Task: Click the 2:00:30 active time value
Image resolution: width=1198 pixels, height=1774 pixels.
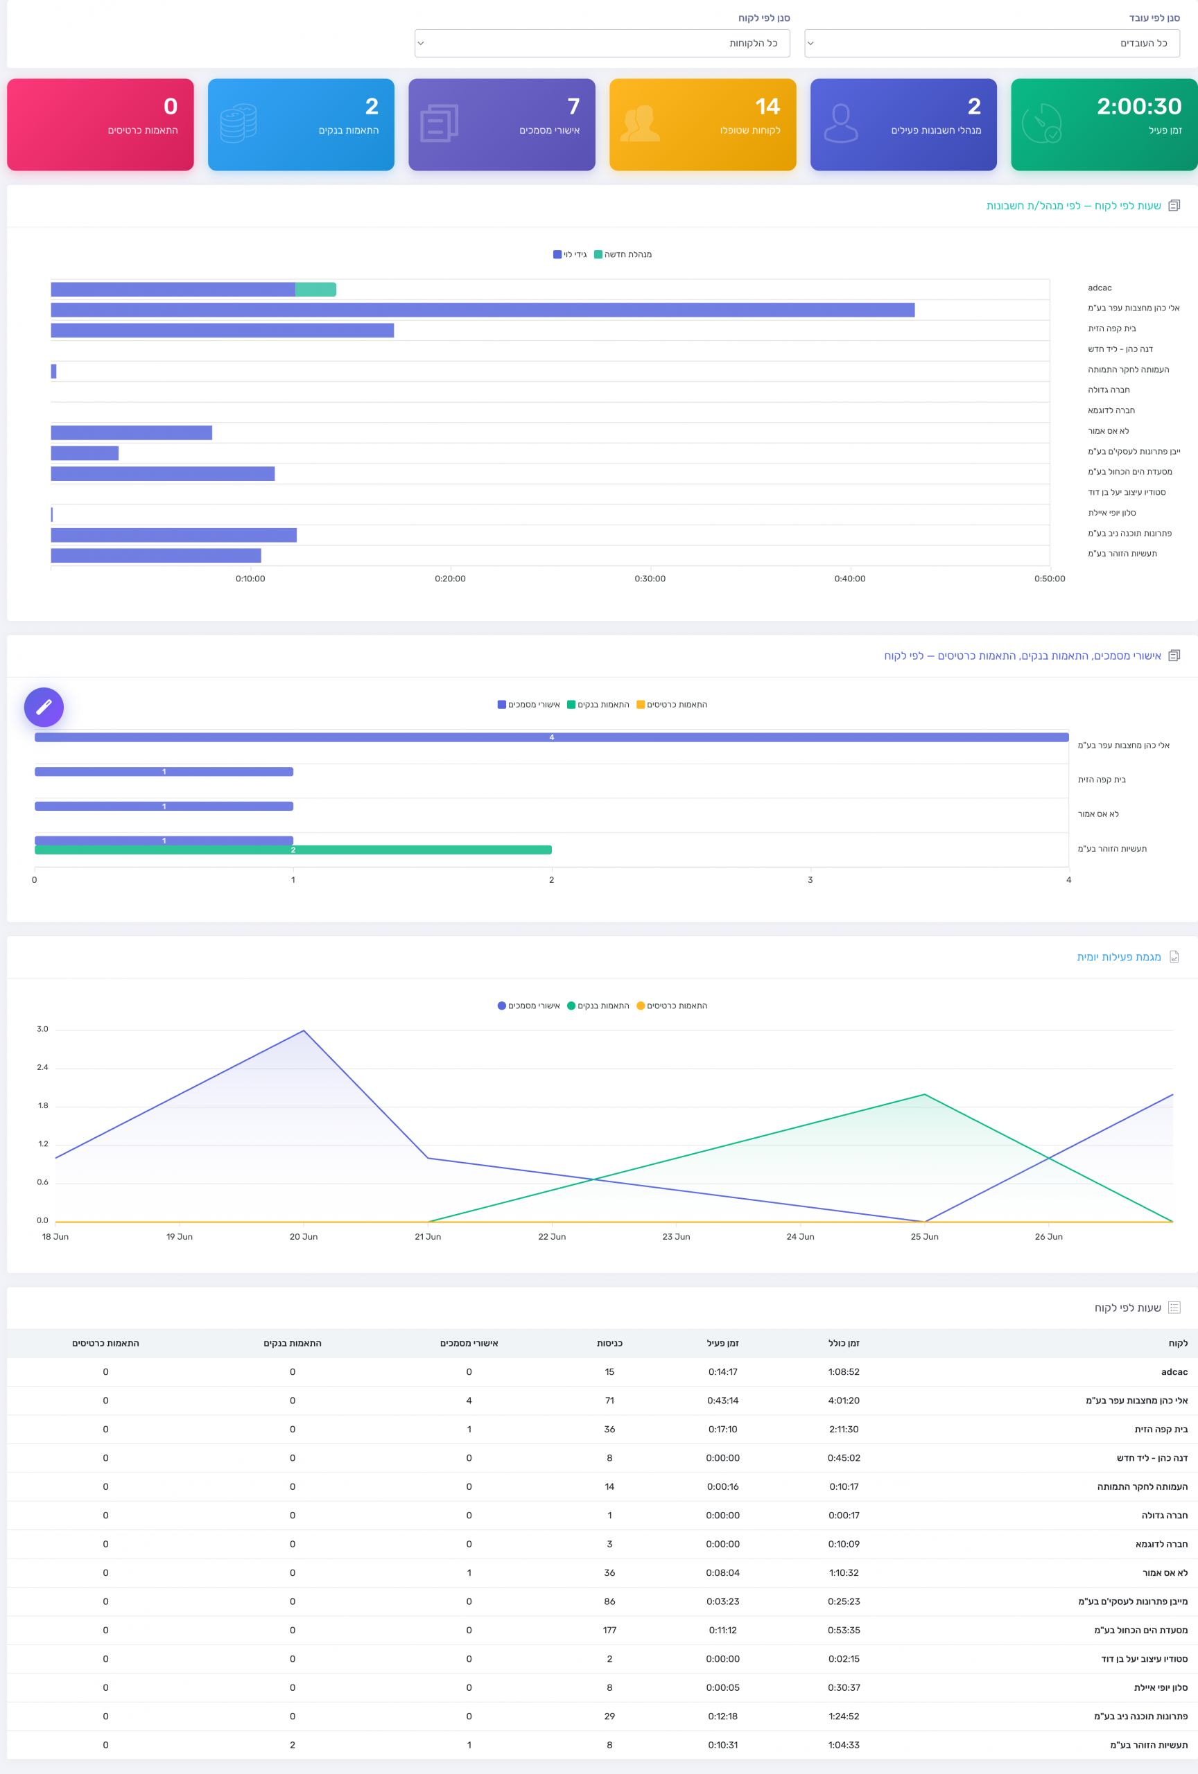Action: pyautogui.click(x=1138, y=106)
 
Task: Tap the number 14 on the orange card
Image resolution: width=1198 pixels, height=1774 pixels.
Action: pyautogui.click(x=767, y=106)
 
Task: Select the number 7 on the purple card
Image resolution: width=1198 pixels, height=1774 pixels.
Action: pyautogui.click(x=573, y=106)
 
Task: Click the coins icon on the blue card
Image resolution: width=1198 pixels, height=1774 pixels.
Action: pyautogui.click(x=238, y=123)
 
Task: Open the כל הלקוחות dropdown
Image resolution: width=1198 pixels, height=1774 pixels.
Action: pyautogui.click(x=602, y=44)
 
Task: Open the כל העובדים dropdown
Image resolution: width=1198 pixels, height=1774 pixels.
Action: pyautogui.click(x=992, y=44)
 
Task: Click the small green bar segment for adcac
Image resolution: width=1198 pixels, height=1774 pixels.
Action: pyautogui.click(x=315, y=289)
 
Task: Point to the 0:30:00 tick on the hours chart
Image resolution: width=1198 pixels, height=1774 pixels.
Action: pyautogui.click(x=650, y=579)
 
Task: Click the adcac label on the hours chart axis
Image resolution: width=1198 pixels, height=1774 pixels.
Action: pyautogui.click(x=1100, y=288)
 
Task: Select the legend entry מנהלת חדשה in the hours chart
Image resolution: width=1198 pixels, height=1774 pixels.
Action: pyautogui.click(x=623, y=254)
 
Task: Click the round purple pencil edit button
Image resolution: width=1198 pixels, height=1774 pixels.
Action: pyautogui.click(x=44, y=707)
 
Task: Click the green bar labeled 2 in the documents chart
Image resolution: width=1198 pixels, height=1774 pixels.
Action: pyautogui.click(x=293, y=850)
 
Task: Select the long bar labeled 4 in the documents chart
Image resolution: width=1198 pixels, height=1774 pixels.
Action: pyautogui.click(x=551, y=737)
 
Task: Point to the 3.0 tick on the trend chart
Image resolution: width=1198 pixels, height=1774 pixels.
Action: pyautogui.click(x=43, y=1029)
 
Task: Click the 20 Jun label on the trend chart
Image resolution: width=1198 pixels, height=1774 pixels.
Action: pyautogui.click(x=304, y=1237)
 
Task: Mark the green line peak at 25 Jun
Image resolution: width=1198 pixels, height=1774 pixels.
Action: pyautogui.click(x=925, y=1095)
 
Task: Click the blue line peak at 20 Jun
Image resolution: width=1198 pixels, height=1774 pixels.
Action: pyautogui.click(x=304, y=1030)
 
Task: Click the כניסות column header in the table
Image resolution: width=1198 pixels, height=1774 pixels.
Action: pyautogui.click(x=609, y=1343)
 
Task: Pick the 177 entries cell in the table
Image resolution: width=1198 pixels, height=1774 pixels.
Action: pyautogui.click(x=609, y=1630)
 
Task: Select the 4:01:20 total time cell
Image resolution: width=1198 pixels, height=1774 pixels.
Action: pyautogui.click(x=844, y=1400)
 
